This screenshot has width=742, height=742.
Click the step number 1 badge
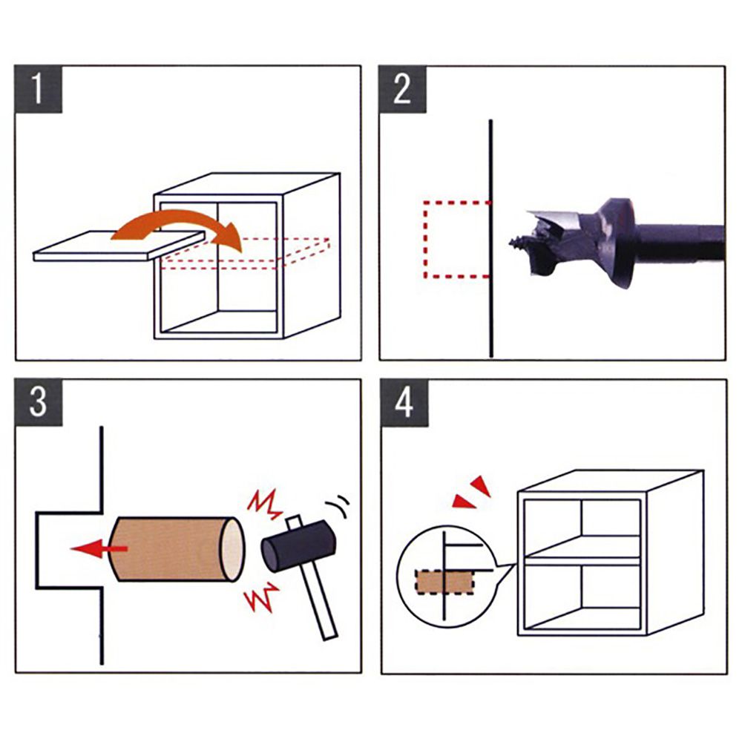pos(39,89)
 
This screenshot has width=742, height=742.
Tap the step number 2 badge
pos(403,89)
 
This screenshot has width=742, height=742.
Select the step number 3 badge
pos(39,402)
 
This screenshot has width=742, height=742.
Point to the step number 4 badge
pos(404,403)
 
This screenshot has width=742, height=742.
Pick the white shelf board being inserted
pos(118,245)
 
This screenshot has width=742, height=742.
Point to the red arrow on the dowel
pos(99,548)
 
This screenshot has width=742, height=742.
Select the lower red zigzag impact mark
pos(262,597)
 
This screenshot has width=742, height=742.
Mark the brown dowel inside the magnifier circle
pos(444,582)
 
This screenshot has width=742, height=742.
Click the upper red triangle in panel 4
pos(481,485)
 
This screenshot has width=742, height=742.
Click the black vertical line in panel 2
pos(491,238)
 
